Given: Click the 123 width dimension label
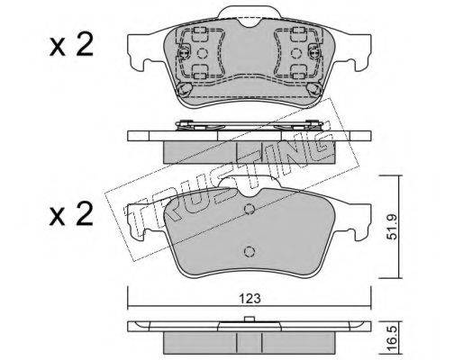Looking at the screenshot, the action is coord(250,299).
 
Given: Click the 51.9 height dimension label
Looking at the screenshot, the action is coord(392,227).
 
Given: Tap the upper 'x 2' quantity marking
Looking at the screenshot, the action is coord(71,47).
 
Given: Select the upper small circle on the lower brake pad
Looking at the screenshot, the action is coord(250,209).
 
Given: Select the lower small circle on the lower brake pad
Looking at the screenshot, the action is coord(250,251).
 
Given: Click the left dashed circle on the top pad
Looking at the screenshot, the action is coord(203,53).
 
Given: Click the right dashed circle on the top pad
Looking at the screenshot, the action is coord(296,53).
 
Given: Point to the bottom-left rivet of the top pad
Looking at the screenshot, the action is coord(185,89).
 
